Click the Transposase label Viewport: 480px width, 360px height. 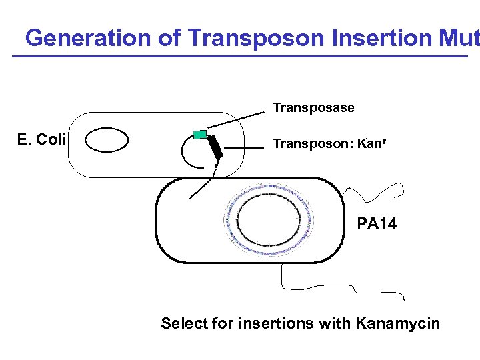coord(313,107)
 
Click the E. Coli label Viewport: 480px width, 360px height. coord(41,139)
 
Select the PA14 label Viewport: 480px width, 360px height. coord(377,223)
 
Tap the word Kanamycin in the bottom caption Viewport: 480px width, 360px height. coord(398,324)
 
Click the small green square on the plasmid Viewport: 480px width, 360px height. coord(199,134)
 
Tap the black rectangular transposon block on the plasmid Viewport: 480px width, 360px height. coord(215,147)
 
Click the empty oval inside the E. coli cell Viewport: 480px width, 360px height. coord(107,141)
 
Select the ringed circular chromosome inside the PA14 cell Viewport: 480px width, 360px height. coord(269,220)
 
